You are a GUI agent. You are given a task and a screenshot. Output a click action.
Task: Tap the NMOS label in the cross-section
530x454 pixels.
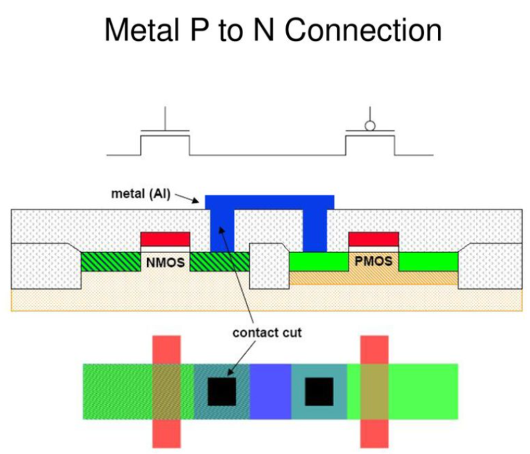(166, 262)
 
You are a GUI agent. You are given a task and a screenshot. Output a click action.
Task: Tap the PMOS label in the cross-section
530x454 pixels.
(374, 262)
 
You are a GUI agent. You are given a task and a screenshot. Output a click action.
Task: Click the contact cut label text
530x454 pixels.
(267, 332)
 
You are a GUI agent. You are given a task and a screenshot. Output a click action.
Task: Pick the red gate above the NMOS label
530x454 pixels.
(166, 239)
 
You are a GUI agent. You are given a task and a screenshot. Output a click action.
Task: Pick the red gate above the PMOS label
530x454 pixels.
(374, 239)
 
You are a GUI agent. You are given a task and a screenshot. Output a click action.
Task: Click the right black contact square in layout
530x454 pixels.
(319, 391)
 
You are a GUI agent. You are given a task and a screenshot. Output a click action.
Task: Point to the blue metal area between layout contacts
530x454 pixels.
(270, 391)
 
